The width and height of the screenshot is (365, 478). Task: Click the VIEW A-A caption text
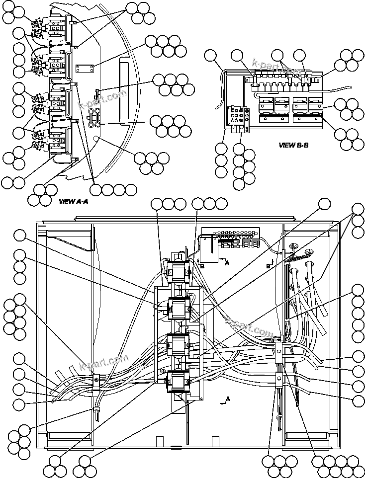pyautogui.click(x=73, y=202)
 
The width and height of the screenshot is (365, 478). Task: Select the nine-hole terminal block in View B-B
pyautogui.click(x=236, y=116)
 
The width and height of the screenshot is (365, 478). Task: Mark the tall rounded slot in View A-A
pyautogui.click(x=124, y=89)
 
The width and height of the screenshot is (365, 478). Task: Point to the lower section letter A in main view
pyautogui.click(x=228, y=399)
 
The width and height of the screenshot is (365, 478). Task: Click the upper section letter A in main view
pyautogui.click(x=227, y=263)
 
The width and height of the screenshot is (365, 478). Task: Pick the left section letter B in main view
pyautogui.click(x=202, y=266)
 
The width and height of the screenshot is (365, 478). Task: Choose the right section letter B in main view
pyautogui.click(x=268, y=266)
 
